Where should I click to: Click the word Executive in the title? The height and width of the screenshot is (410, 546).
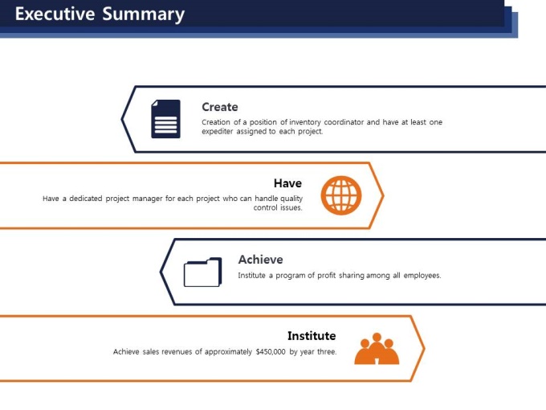pos(55,14)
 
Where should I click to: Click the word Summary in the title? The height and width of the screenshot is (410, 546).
pos(144,15)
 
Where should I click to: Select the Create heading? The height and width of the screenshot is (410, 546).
pos(220,107)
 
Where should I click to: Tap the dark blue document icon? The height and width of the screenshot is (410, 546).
pos(165,119)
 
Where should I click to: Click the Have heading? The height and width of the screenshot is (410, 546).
pos(287,183)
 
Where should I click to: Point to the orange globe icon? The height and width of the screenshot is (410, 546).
pos(341,195)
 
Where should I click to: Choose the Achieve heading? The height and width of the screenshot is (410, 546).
pos(260,260)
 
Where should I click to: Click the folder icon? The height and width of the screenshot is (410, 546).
pos(202,272)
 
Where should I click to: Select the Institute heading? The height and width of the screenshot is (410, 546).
pos(312,336)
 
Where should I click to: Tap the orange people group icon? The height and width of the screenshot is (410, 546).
pos(377,349)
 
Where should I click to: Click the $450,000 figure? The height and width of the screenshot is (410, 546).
pos(271,352)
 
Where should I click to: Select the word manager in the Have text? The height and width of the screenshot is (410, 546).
pos(147,199)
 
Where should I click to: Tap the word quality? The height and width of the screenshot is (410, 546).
pos(291,199)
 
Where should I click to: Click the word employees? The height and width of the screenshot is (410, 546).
pos(422,276)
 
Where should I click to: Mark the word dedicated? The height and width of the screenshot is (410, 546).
pos(86,199)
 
